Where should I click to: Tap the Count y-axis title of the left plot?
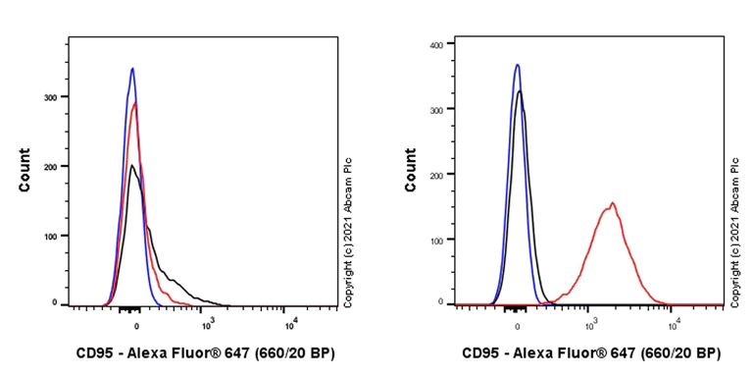coord(25,169)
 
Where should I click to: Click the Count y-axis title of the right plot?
coord(410,169)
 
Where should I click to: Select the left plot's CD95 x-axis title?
coord(205,352)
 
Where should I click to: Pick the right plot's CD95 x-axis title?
coord(591,352)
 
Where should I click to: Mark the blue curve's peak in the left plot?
coord(132,68)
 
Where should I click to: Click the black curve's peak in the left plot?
coord(131,165)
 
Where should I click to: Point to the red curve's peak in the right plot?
coord(612,203)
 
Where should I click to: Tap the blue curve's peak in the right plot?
coord(517,65)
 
